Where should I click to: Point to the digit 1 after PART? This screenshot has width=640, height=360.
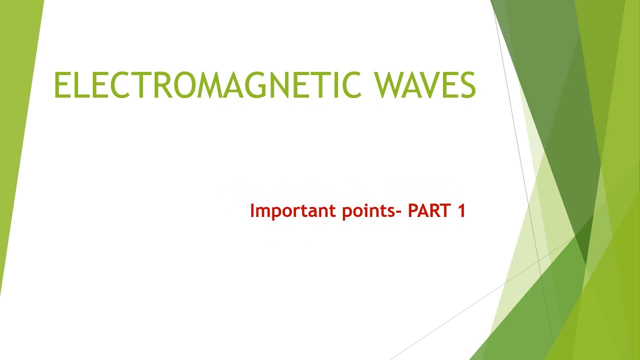[461, 210]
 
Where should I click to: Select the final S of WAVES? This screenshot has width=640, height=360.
[467, 85]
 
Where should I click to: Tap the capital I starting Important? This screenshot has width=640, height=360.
[252, 210]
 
